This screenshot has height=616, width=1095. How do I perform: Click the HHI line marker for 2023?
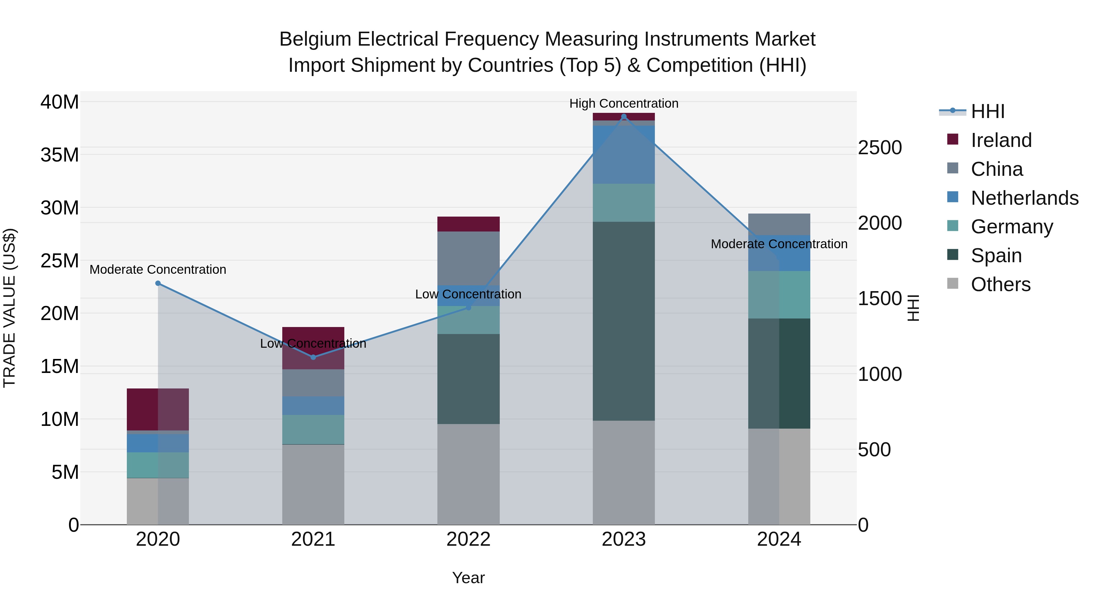click(x=624, y=117)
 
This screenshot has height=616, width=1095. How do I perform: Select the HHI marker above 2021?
click(x=313, y=357)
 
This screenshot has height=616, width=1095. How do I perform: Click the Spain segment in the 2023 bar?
click(x=624, y=321)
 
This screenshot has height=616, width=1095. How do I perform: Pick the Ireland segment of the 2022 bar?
click(x=468, y=224)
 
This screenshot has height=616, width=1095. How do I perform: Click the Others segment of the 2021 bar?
click(x=313, y=485)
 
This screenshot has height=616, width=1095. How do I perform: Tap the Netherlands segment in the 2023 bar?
click(x=624, y=155)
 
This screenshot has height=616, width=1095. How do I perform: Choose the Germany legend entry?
click(x=1012, y=227)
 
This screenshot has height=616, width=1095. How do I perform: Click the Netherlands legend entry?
click(x=1024, y=198)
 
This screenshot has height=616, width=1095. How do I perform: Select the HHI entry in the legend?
click(x=987, y=111)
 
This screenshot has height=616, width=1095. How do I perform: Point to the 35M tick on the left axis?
click(x=60, y=155)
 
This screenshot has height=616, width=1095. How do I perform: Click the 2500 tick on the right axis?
click(x=879, y=148)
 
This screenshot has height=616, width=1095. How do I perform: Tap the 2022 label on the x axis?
click(x=468, y=539)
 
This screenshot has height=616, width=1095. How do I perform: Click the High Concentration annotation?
click(x=624, y=103)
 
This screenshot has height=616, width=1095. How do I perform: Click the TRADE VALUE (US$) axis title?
click(x=9, y=308)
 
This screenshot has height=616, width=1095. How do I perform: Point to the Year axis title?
click(x=468, y=578)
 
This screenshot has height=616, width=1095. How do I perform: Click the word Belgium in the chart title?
click(x=315, y=39)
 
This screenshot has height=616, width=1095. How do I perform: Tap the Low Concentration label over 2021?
click(x=313, y=343)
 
